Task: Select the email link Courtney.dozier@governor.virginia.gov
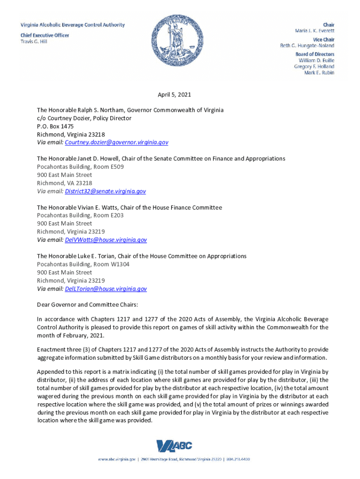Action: tap(117, 142)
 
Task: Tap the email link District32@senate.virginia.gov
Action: tap(106, 191)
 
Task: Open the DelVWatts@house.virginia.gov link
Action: tap(106, 240)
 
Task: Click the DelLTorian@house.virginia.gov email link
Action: tap(106, 289)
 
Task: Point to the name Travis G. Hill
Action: tap(34, 42)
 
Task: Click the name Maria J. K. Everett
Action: tap(315, 30)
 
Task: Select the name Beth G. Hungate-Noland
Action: tap(307, 46)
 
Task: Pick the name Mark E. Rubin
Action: tap(319, 73)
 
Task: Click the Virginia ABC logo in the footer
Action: tap(174, 447)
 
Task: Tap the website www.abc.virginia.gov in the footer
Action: tap(117, 460)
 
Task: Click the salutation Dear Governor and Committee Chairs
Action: tap(87, 305)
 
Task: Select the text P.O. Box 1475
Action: tap(55, 126)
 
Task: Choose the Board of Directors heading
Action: tap(315, 54)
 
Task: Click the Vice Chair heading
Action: tap(324, 39)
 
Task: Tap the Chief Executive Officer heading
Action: tap(45, 35)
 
